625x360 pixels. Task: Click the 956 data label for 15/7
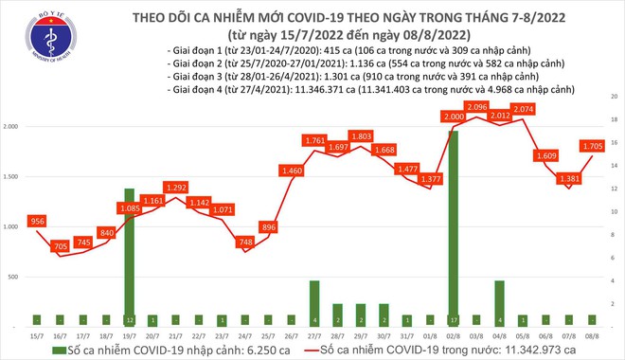click(37, 220)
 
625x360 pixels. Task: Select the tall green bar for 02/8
click(453, 227)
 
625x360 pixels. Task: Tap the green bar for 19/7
click(130, 256)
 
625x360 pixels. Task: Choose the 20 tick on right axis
click(615, 97)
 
